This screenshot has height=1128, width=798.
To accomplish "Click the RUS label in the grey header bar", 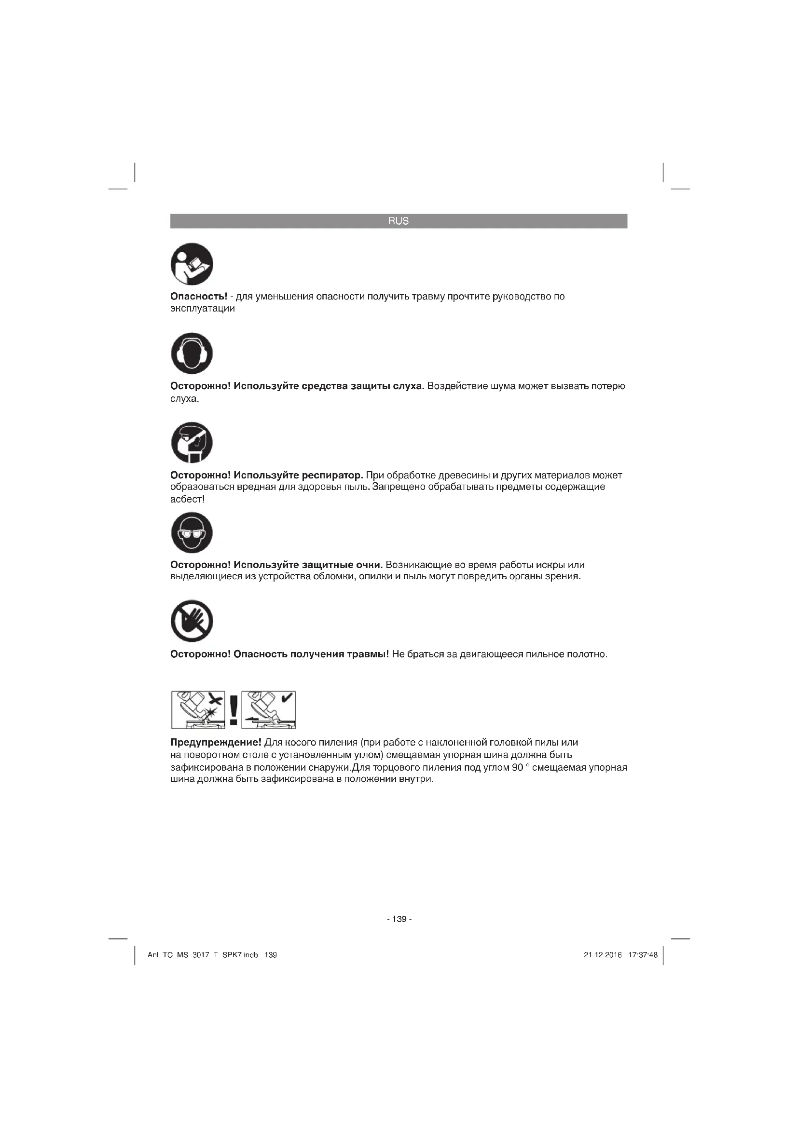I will point(398,221).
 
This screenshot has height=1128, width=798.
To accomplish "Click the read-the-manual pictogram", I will point(192,264).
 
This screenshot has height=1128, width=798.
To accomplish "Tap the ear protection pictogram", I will point(192,353).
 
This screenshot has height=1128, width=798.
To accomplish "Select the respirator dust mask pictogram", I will point(192,443).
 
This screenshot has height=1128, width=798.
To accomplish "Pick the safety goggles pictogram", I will point(192,532).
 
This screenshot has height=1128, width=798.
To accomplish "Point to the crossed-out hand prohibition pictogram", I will point(192,621).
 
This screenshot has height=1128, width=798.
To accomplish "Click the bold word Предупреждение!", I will point(215,742).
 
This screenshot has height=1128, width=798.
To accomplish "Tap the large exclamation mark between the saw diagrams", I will point(234,709).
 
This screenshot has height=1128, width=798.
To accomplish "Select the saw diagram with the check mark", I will point(269,709).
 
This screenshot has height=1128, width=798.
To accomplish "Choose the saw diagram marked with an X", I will point(198,709).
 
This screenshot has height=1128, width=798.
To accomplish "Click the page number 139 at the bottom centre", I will point(399,919).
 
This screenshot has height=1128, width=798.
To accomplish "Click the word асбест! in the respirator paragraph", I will point(187,500).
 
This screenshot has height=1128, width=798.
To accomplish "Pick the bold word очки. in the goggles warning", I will point(369,565).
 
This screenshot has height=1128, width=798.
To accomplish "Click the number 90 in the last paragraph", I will point(517,768).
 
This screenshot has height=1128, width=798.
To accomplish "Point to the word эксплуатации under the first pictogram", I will point(203,309).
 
